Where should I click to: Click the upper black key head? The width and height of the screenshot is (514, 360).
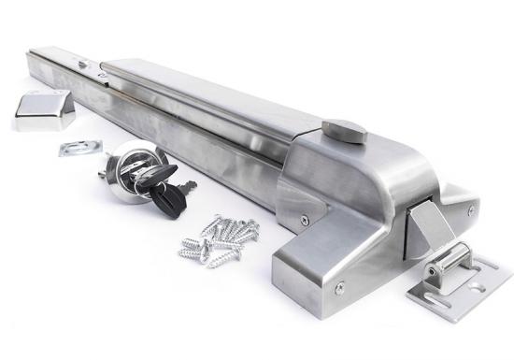click(x=157, y=175)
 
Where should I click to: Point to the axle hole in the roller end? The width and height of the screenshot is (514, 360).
click(x=431, y=273)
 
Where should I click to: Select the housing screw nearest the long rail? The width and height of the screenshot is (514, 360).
click(x=304, y=221)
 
